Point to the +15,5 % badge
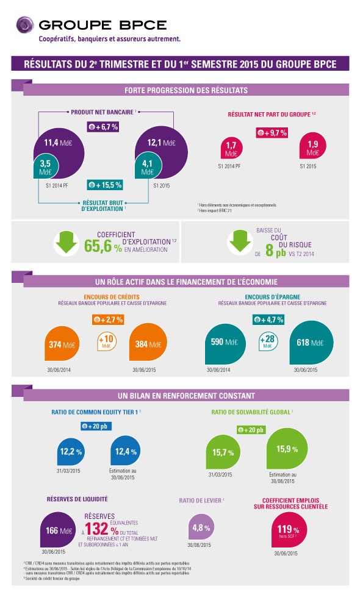point(105,184)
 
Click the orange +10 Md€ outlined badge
point(107,341)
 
